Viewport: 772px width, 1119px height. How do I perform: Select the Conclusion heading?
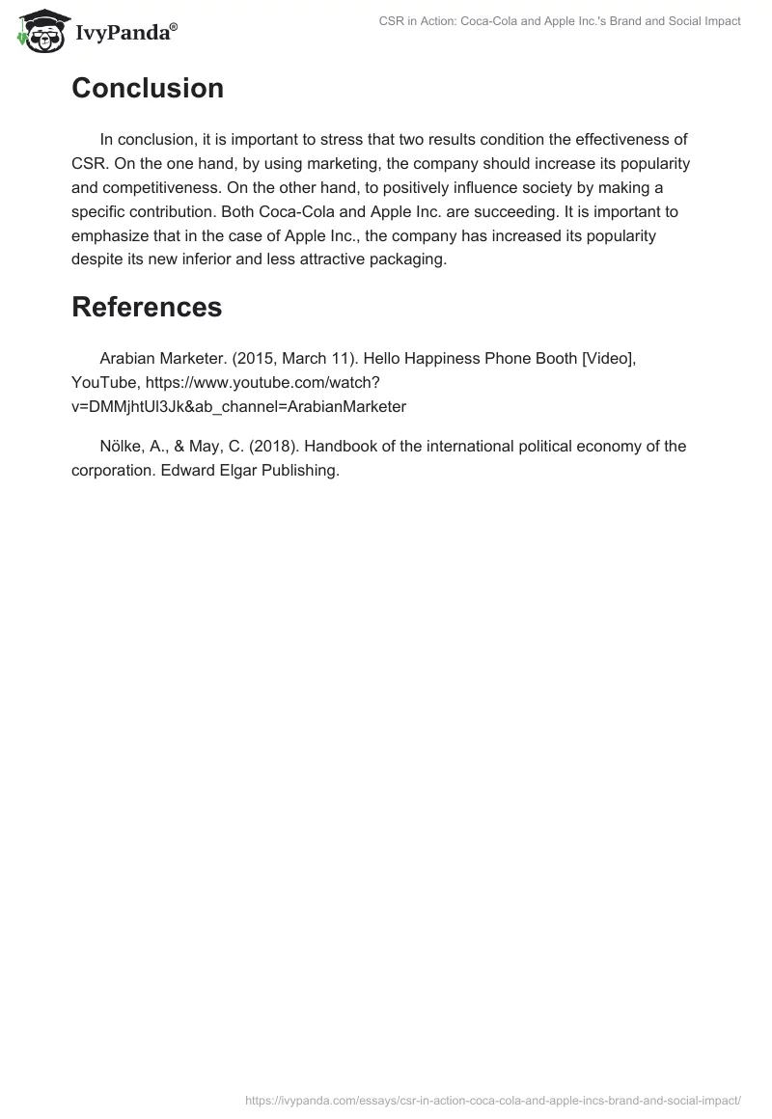(148, 89)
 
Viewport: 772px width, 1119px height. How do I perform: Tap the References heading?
(147, 307)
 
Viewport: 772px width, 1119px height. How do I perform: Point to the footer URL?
(493, 1099)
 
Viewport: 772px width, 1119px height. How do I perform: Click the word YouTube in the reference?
(104, 382)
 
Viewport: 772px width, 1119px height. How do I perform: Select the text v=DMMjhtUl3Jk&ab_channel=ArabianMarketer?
(238, 406)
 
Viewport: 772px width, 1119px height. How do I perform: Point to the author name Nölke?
(123, 447)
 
